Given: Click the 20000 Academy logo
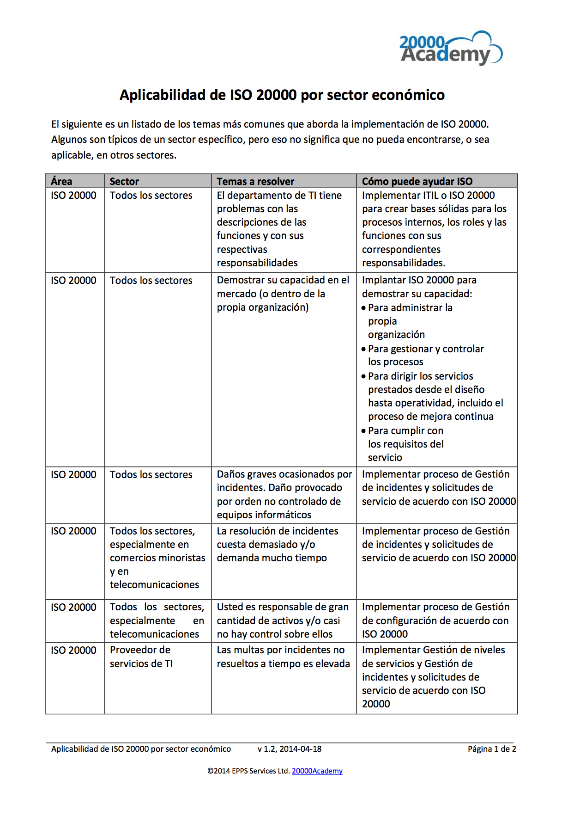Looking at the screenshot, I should point(450,49).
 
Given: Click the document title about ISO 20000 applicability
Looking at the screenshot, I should point(282,95).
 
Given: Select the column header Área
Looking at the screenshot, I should point(61,181).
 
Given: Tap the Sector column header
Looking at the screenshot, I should point(124,181).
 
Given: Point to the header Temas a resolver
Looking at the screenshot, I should point(255,181).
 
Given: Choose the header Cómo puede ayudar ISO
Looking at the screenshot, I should point(417,181).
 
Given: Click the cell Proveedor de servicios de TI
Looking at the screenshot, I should point(141,657).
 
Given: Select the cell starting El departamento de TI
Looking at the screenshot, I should point(279,229).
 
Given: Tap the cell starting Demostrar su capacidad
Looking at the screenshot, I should point(283,294).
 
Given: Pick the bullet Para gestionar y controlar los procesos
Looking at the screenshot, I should point(425,355).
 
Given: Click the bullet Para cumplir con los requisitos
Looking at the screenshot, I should point(405,444).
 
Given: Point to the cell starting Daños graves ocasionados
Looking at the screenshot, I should point(284,494).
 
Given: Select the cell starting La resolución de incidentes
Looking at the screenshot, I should point(278,544).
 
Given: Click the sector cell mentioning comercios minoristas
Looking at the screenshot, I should point(157,558).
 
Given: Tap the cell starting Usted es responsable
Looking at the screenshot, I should point(283,620).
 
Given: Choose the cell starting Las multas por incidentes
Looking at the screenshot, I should point(283,657).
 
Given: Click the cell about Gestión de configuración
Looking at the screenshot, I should point(435,620).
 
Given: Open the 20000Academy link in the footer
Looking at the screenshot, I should point(317,771).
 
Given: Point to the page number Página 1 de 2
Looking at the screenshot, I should point(492,749).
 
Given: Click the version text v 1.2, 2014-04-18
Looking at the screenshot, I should point(290,749).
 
